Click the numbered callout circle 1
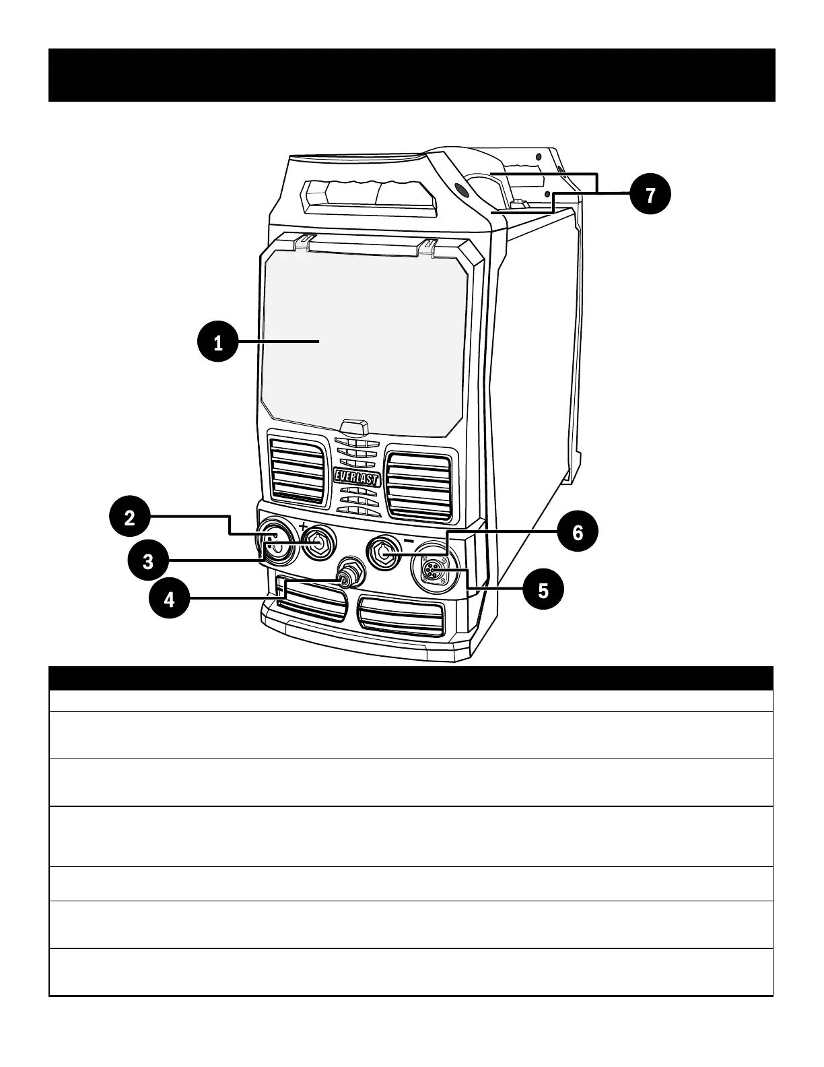pos(217,343)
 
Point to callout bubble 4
pos(170,598)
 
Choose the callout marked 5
pos(543,590)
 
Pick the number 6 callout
pos(577,533)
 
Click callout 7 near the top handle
pos(650,195)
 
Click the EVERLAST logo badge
pos(357,478)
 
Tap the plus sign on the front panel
pos(304,526)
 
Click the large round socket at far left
pos(275,544)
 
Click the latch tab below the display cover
pos(354,427)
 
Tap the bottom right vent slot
pos(401,616)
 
